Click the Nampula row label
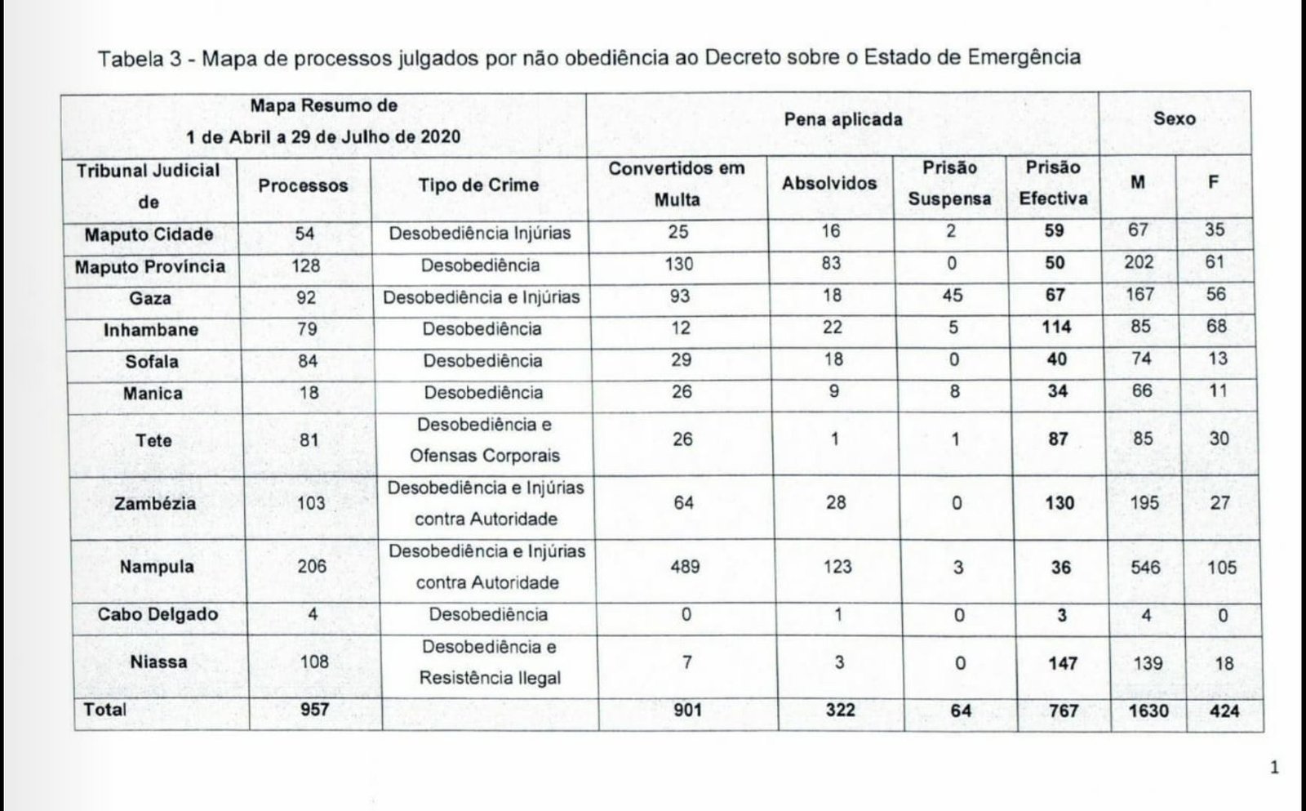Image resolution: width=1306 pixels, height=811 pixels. (157, 567)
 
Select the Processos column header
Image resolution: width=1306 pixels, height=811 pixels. (303, 186)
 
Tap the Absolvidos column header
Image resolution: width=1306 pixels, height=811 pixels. (829, 184)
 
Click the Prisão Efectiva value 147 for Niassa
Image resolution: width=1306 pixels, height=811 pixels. (1063, 663)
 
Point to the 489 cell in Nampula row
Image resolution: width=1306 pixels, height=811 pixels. (685, 567)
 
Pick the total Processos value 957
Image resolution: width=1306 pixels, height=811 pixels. (314, 710)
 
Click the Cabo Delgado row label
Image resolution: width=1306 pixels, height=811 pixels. (158, 614)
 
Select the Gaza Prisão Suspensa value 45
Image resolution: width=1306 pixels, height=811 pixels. (953, 295)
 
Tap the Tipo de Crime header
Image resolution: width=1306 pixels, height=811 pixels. (478, 185)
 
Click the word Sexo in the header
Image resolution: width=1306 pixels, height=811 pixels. (1175, 119)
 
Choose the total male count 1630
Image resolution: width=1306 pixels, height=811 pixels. (1148, 711)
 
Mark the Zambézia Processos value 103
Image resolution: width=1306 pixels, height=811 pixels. (311, 503)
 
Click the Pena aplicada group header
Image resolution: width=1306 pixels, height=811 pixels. (843, 120)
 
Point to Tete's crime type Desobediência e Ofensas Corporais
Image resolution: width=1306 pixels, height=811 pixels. (485, 440)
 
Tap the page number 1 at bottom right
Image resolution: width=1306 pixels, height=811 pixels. (1275, 768)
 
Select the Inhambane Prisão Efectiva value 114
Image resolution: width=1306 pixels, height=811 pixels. (1056, 328)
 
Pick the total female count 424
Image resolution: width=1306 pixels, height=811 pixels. (1224, 711)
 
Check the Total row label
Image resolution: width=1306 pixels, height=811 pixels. (104, 710)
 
